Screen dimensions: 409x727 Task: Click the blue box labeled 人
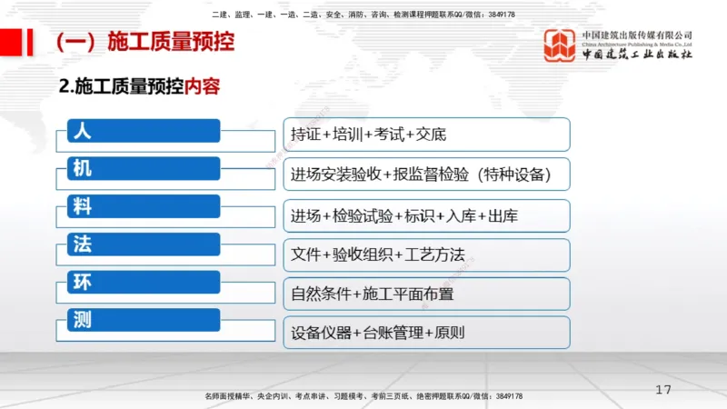tap(144, 131)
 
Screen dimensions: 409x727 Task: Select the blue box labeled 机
tap(144, 169)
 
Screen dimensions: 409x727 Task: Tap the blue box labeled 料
tap(144, 206)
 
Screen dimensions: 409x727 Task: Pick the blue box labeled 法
tap(144, 244)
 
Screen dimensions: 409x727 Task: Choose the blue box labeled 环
tap(144, 282)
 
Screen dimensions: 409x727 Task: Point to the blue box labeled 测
tap(144, 320)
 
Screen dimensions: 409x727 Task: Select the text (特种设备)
tap(508, 173)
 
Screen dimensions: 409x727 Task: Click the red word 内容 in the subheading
tap(203, 87)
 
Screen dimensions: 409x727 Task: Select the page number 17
tap(663, 390)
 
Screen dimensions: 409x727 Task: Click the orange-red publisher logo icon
tap(560, 45)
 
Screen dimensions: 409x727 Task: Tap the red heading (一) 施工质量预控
tap(144, 42)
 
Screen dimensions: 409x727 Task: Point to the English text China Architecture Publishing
tap(636, 43)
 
